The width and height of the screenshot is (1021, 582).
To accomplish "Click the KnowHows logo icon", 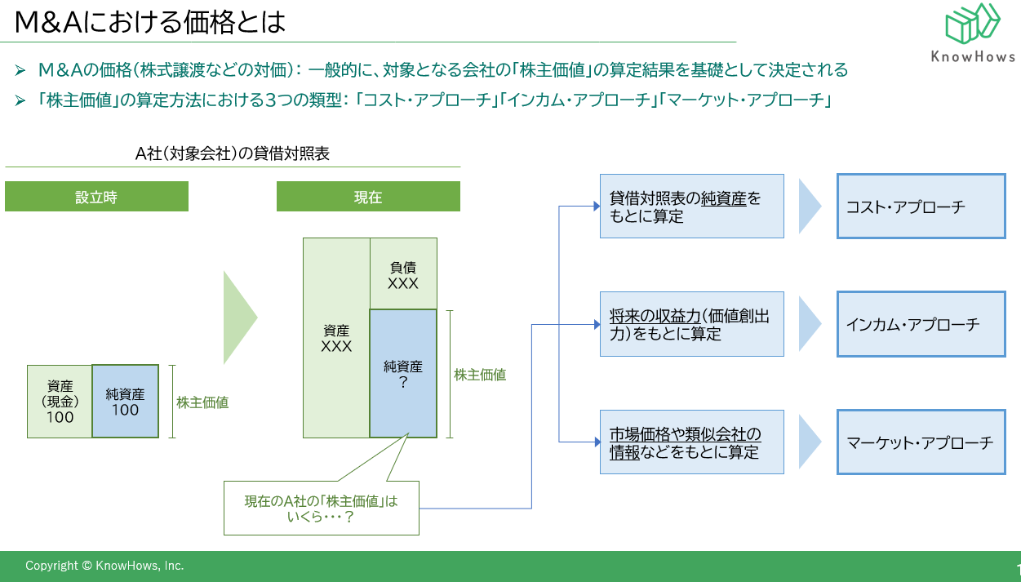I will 972,24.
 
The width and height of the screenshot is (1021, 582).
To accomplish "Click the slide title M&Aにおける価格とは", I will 151,22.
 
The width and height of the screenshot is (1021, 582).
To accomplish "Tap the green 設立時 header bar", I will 96,197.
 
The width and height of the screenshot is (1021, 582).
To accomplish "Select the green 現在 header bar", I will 368,197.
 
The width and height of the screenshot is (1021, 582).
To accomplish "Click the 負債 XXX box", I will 403,274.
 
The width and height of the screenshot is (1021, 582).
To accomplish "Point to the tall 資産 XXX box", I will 336,338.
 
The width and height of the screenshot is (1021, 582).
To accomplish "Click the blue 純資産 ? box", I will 403,374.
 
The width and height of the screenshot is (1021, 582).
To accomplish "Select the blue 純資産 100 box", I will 125,402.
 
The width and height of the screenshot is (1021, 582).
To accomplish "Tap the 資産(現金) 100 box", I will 60,402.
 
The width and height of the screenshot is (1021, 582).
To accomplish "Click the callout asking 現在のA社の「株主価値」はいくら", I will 321,509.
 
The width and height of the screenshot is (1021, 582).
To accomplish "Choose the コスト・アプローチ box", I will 921,207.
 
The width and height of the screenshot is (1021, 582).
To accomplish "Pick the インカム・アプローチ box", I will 921,324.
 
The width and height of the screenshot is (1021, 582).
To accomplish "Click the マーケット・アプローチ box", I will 921,442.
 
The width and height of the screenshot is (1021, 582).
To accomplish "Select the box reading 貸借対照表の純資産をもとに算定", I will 691,207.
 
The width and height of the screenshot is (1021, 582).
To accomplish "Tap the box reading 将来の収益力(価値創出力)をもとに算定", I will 691,324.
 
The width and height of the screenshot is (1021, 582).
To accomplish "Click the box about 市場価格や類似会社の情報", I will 691,442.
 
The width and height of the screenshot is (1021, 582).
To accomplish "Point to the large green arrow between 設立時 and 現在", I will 238,318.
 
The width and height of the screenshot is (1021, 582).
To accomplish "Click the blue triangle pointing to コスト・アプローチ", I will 809,207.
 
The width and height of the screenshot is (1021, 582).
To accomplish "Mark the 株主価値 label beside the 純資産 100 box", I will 202,402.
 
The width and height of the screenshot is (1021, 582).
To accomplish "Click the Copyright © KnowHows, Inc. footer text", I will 104,566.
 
